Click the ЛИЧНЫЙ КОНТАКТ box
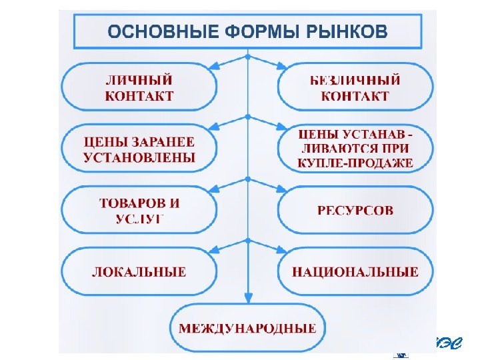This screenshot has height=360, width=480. pyautogui.click(x=139, y=87)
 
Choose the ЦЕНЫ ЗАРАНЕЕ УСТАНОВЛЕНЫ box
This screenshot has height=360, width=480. pyautogui.click(x=139, y=150)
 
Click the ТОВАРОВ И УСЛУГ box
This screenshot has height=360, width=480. pyautogui.click(x=139, y=210)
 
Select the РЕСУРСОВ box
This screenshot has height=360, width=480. pyautogui.click(x=355, y=210)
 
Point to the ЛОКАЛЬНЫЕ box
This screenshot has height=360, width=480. pyautogui.click(x=139, y=272)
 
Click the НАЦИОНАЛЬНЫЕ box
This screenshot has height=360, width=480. pyautogui.click(x=355, y=272)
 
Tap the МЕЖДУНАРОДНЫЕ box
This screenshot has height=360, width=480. pyautogui.click(x=247, y=328)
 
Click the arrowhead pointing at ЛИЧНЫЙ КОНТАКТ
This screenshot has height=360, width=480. pyautogui.click(x=214, y=67)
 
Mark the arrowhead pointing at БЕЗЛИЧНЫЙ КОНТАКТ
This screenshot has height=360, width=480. pyautogui.click(x=282, y=67)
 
